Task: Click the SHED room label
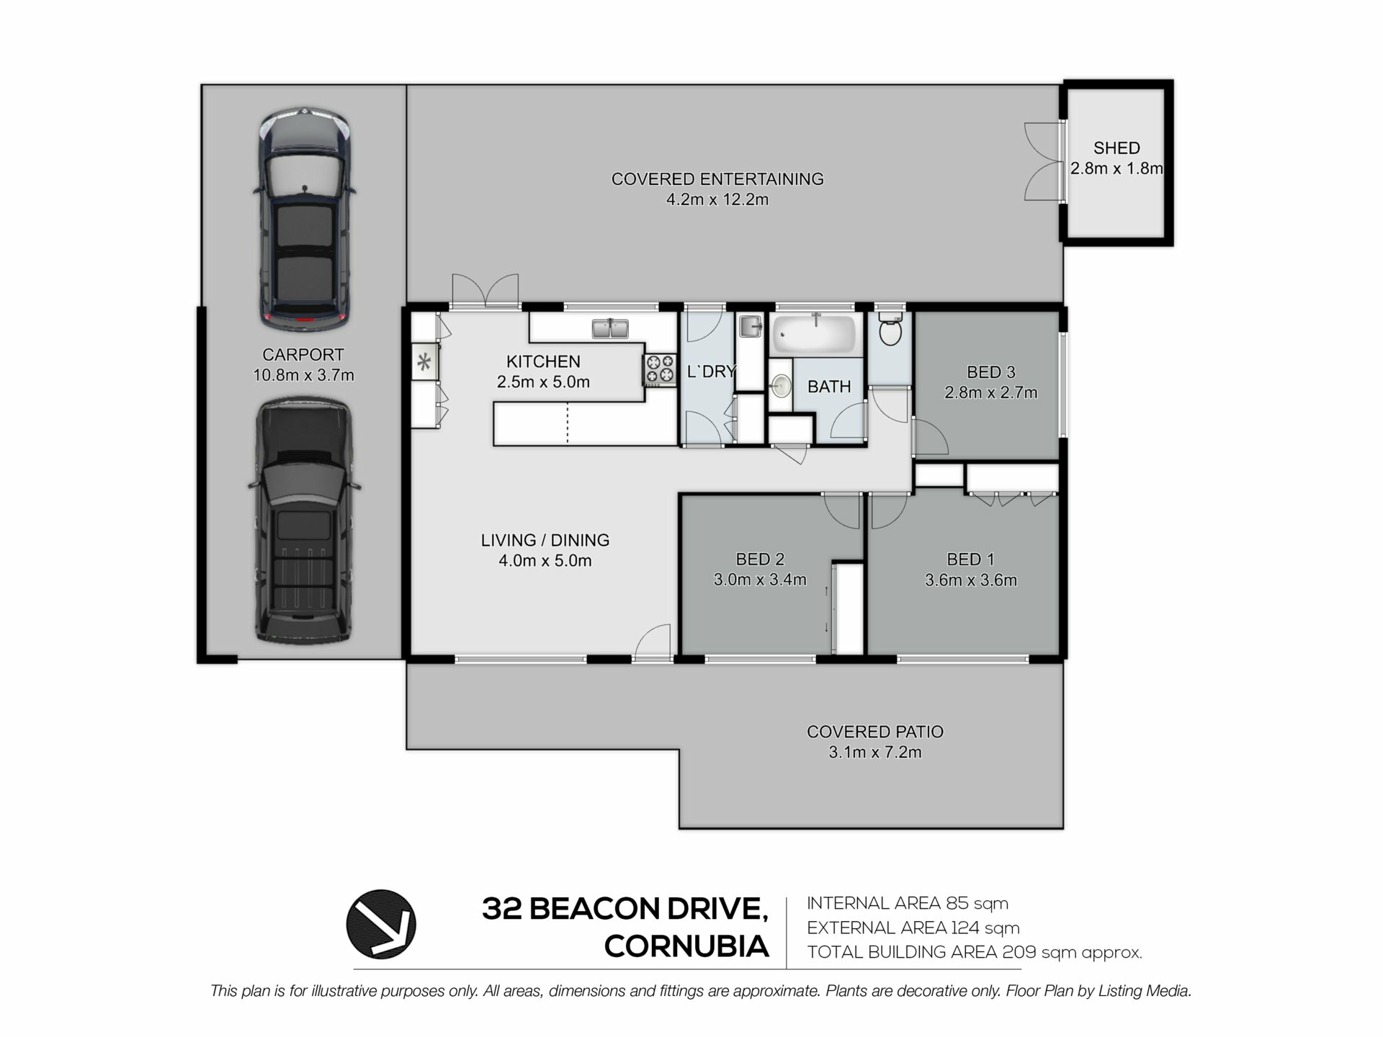coord(1116,148)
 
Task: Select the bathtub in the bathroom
coord(815,334)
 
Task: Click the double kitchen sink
coord(610,329)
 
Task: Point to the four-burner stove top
coord(660,369)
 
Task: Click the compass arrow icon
coord(381,924)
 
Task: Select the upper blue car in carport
coord(305,220)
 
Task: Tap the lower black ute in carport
coord(305,520)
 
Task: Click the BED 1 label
coord(970,560)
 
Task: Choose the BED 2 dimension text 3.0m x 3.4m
coord(760,580)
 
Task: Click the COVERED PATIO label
coord(875,732)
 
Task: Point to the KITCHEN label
coord(543,362)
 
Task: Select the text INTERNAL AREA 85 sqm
coord(908,903)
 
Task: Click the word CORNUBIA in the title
coord(686,946)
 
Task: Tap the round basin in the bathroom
coord(780,387)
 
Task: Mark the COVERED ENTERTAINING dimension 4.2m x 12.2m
coord(717,199)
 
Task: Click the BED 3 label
coord(991,372)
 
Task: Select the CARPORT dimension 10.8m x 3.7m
coord(303,375)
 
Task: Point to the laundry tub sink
coord(750,326)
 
